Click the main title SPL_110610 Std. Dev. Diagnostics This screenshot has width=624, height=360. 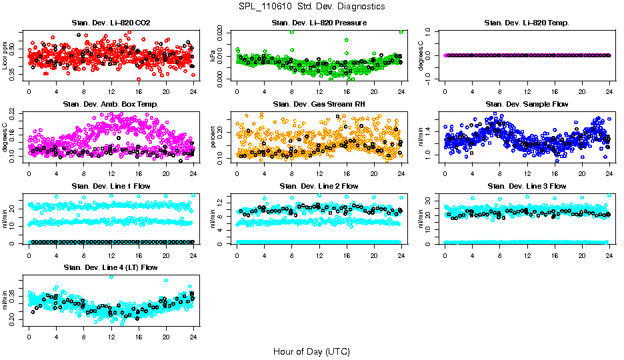[311, 6]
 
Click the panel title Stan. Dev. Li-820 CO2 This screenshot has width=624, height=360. [111, 23]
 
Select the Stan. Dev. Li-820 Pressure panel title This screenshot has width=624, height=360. [319, 23]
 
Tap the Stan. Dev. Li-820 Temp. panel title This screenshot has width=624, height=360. [527, 23]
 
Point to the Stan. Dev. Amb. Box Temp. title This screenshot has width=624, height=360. [111, 105]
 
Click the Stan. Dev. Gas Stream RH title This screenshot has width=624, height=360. [319, 105]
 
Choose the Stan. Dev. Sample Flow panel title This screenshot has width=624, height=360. [527, 105]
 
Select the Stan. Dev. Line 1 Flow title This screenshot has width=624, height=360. [111, 186]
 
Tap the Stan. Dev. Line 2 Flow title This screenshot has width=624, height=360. [319, 186]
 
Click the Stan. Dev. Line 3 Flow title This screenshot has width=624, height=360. [527, 186]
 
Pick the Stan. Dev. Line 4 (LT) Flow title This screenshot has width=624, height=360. [111, 267]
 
